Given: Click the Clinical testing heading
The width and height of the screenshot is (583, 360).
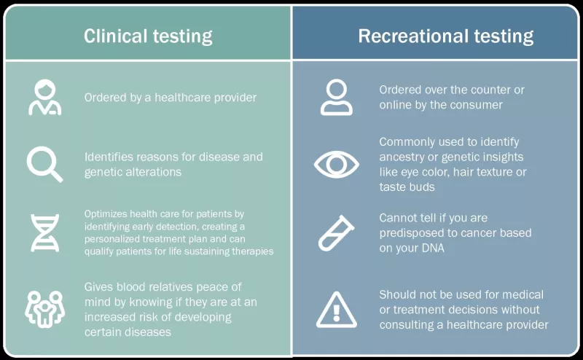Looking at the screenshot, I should (x=148, y=36).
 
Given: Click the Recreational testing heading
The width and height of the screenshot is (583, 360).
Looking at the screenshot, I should (x=445, y=36).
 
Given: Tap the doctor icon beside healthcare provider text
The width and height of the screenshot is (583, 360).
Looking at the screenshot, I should (x=44, y=98).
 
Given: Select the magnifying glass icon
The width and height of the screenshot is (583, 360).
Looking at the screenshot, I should (x=44, y=164).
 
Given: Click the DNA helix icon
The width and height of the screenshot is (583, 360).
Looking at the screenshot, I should (x=44, y=232).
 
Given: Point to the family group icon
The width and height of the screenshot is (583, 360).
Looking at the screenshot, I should (x=44, y=309).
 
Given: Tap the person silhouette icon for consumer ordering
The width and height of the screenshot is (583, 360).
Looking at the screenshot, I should (x=337, y=98).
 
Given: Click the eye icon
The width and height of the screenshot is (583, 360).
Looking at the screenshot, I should (x=337, y=164).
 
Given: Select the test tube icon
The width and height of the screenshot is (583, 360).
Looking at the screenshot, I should (x=337, y=232).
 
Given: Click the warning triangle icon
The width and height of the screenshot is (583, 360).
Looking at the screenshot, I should (x=337, y=309).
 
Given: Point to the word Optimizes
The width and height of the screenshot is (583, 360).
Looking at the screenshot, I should (x=105, y=214).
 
